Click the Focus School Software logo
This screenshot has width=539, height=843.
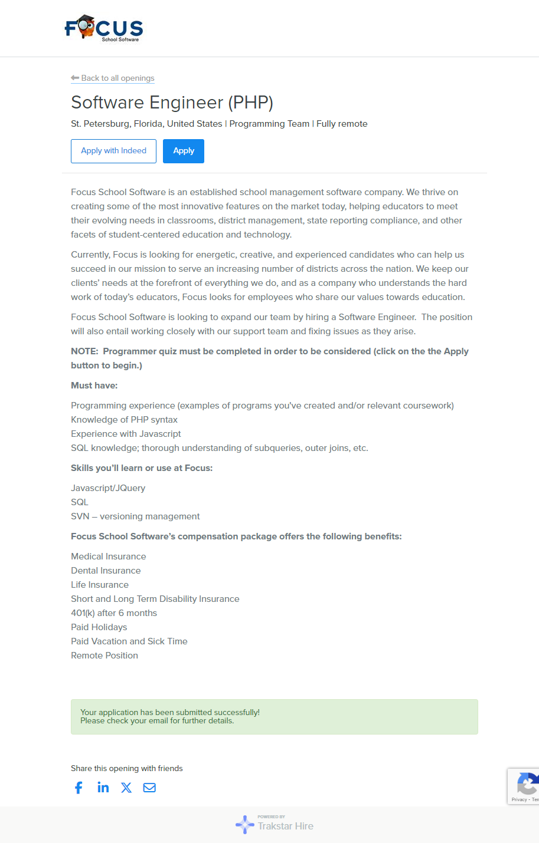tap(104, 28)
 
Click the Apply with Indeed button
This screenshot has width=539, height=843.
tap(113, 151)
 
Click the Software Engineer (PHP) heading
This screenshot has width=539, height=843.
tap(172, 103)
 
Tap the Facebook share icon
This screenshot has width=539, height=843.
tap(79, 788)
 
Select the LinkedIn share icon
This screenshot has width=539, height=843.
tap(103, 788)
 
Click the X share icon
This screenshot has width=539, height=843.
tap(126, 788)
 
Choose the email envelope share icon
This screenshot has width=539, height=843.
tap(149, 788)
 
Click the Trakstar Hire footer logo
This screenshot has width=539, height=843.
tap(275, 824)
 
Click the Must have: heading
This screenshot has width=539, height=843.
tap(94, 386)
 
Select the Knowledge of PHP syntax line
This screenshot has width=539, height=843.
tap(124, 420)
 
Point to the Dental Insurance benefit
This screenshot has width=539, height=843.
tap(106, 571)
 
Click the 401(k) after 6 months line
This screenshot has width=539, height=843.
tap(114, 613)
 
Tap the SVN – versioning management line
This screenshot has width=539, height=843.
tap(135, 516)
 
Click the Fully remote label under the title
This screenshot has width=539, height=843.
tap(342, 124)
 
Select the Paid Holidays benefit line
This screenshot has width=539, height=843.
tap(99, 627)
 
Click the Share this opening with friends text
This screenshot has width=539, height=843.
tap(127, 768)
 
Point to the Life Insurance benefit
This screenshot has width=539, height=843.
tap(100, 585)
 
